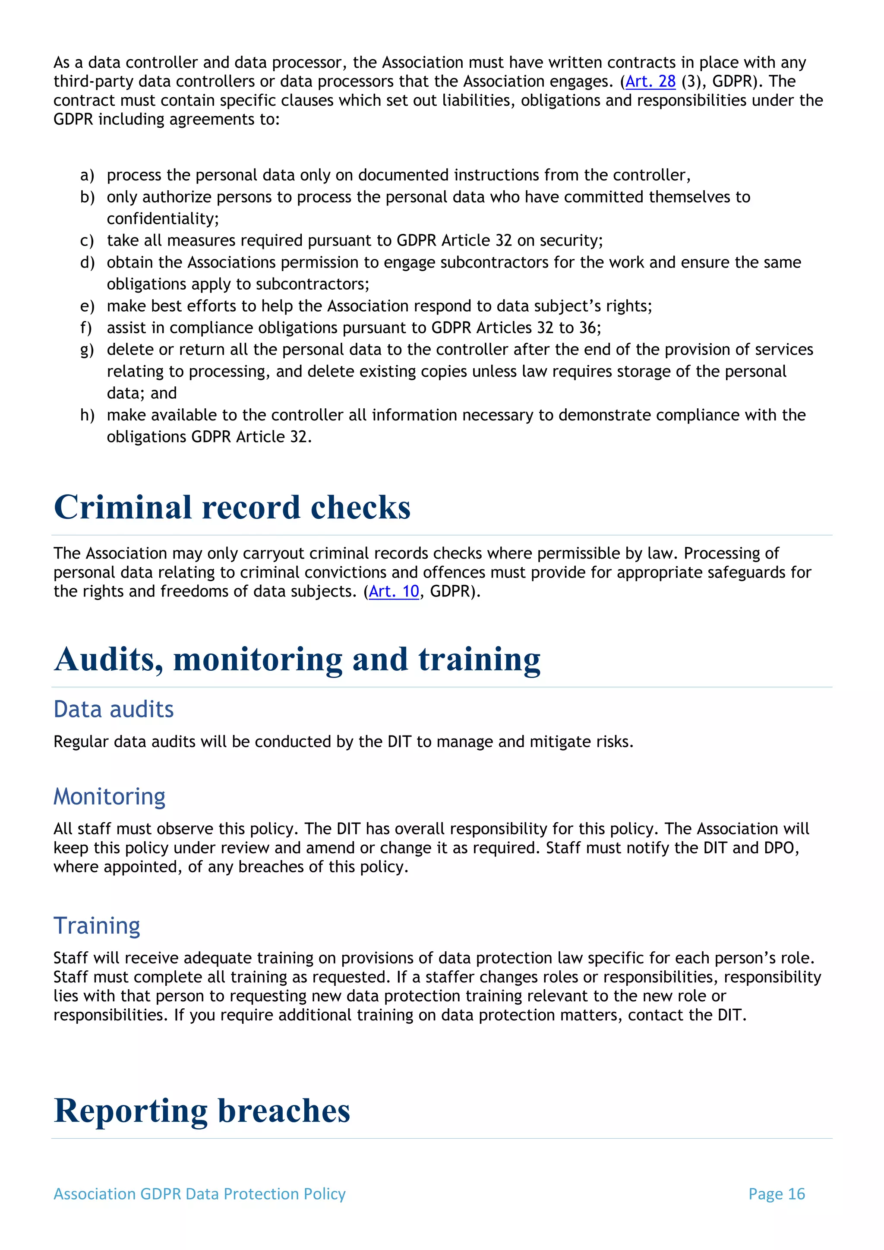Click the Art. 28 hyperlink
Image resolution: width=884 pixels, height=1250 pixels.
pos(650,82)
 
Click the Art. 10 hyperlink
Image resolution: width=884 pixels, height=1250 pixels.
pos(394,591)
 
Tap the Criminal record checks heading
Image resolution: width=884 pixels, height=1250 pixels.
pos(232,508)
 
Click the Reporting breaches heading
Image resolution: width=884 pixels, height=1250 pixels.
pos(202,1111)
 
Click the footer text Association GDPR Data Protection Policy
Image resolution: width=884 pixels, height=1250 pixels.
pos(199,1194)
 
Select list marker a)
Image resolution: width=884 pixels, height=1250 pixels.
pos(87,175)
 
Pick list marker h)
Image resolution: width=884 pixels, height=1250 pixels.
pos(87,415)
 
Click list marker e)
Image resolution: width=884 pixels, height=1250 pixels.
pos(87,306)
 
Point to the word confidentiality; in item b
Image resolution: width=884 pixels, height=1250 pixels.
pos(163,219)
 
